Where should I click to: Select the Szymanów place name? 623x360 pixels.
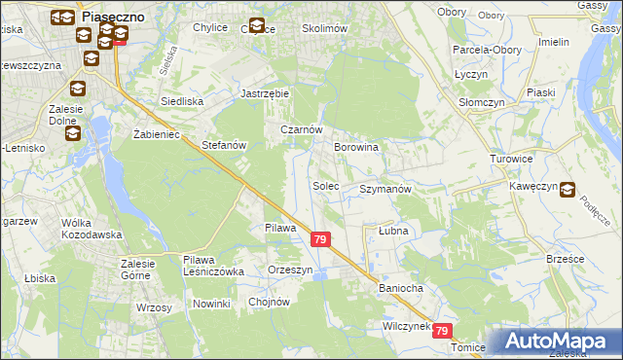coord(386,189)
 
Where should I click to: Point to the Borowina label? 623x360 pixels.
coord(355,147)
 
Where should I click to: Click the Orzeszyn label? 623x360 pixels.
coord(291,270)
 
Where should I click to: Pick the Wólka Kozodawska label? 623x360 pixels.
coord(91,229)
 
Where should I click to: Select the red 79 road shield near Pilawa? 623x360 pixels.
coord(321,238)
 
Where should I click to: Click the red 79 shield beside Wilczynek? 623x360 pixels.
coord(443,331)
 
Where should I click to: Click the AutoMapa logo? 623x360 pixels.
coord(560,341)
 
